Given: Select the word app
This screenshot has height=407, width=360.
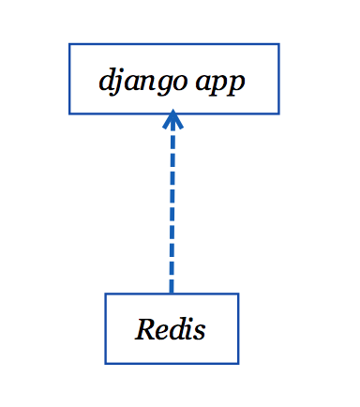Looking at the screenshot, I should [222, 82].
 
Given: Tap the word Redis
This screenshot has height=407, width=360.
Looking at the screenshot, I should [171, 330].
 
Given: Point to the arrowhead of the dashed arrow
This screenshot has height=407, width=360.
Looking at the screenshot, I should [172, 119].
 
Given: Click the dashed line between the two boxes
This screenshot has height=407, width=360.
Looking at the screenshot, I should [172, 206].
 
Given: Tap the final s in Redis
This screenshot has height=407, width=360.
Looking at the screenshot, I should [200, 331].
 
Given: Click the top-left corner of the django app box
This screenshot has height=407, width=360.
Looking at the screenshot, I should [69, 44].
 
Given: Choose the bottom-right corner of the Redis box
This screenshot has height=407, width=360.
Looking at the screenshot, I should [238, 362].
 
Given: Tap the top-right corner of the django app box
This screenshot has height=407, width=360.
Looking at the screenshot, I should [278, 44].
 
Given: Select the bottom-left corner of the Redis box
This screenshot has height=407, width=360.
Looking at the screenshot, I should [106, 362].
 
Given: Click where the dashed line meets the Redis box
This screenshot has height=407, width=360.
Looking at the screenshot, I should [172, 294].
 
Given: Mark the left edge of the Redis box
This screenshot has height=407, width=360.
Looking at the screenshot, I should [106, 328].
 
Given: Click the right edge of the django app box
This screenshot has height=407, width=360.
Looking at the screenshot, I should [278, 79].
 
